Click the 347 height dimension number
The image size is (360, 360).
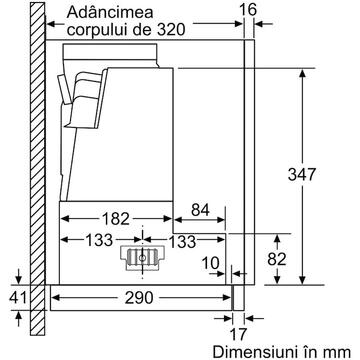point(301,174)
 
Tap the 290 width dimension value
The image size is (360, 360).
point(139,298)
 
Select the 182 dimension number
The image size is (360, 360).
point(116,219)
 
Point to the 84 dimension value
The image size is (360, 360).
point(200,210)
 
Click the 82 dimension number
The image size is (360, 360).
point(277,259)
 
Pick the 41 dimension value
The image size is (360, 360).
point(17,298)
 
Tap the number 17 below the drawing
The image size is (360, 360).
point(238,334)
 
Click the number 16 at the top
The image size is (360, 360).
point(249,10)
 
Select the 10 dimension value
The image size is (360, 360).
point(210,264)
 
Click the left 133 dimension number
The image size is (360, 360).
point(99,240)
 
